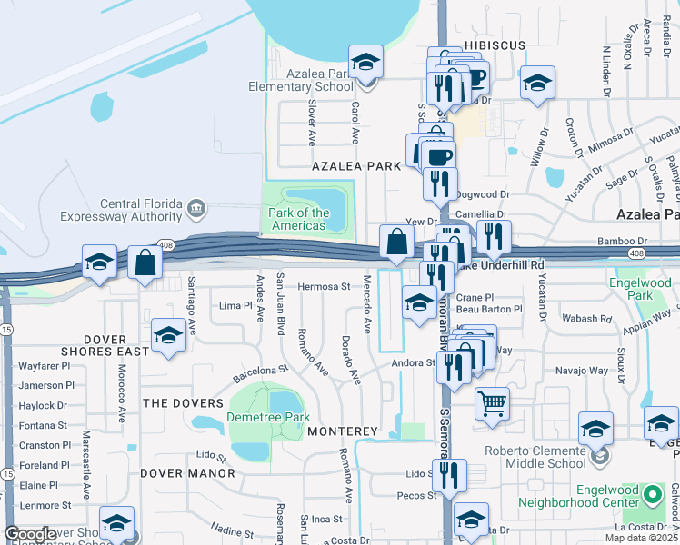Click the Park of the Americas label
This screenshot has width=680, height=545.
pos(298,219)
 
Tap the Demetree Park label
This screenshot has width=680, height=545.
pos(268,418)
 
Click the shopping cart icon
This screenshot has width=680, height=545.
pos(492,402)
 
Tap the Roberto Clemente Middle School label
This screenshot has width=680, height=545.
pos(534,457)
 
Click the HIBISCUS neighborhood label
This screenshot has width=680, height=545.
pos(491,44)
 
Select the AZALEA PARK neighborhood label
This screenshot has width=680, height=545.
pos(355,166)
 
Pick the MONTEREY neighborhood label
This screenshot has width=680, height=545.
pos(342,431)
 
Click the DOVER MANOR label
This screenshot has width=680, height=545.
pos(187,473)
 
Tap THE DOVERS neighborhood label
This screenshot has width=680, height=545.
pos(183,402)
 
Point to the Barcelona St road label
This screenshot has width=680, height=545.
pos(260,372)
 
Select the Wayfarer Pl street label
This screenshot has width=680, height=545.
pos(45,367)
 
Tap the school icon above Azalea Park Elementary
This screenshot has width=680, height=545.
pos(365,63)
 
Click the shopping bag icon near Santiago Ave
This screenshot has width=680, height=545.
pos(145,263)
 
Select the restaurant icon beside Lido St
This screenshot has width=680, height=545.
pos(449,475)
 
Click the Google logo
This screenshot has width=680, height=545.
pos(30,534)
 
